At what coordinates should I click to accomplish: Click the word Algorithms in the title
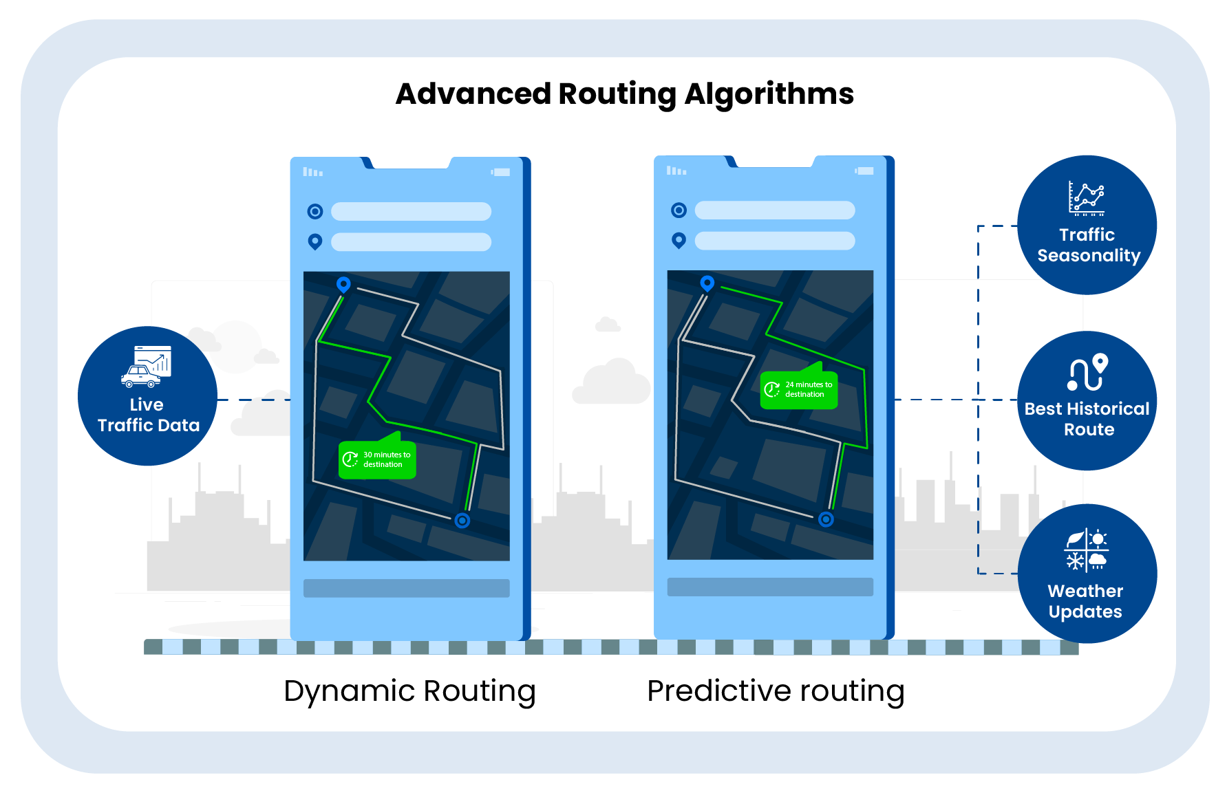[x=769, y=94]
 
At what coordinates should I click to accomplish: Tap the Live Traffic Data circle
[x=147, y=396]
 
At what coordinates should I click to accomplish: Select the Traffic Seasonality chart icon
[x=1087, y=199]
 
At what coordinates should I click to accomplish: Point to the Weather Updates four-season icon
[x=1087, y=550]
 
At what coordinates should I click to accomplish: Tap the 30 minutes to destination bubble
[x=377, y=459]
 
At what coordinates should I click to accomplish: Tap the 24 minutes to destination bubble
[x=799, y=389]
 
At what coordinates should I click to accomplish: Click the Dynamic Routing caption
[x=409, y=691]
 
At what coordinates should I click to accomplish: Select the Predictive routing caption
[x=776, y=691]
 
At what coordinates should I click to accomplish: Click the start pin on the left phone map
[x=343, y=284]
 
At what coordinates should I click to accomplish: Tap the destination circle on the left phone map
[x=462, y=521]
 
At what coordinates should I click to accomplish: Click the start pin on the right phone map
[x=707, y=283]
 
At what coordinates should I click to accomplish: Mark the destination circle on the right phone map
[x=826, y=519]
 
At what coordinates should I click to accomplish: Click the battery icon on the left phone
[x=501, y=172]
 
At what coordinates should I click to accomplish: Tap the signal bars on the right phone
[x=676, y=171]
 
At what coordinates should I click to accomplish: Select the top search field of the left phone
[x=411, y=211]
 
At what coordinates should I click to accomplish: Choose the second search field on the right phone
[x=775, y=241]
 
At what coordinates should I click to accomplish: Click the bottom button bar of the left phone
[x=406, y=588]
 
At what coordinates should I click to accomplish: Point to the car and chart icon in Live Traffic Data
[x=147, y=367]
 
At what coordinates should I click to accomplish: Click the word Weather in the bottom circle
[x=1085, y=591]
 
